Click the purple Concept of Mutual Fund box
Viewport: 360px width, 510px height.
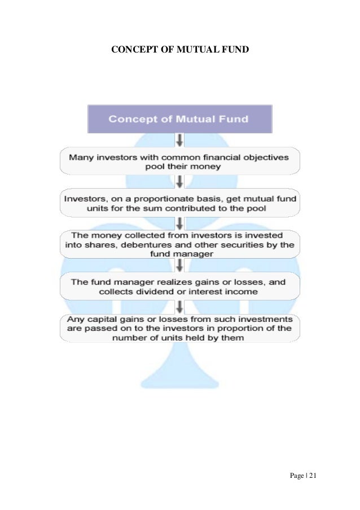click(x=180, y=119)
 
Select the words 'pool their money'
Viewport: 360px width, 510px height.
click(x=179, y=167)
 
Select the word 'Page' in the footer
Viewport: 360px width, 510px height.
click(x=296, y=476)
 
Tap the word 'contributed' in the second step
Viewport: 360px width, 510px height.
click(x=185, y=208)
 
